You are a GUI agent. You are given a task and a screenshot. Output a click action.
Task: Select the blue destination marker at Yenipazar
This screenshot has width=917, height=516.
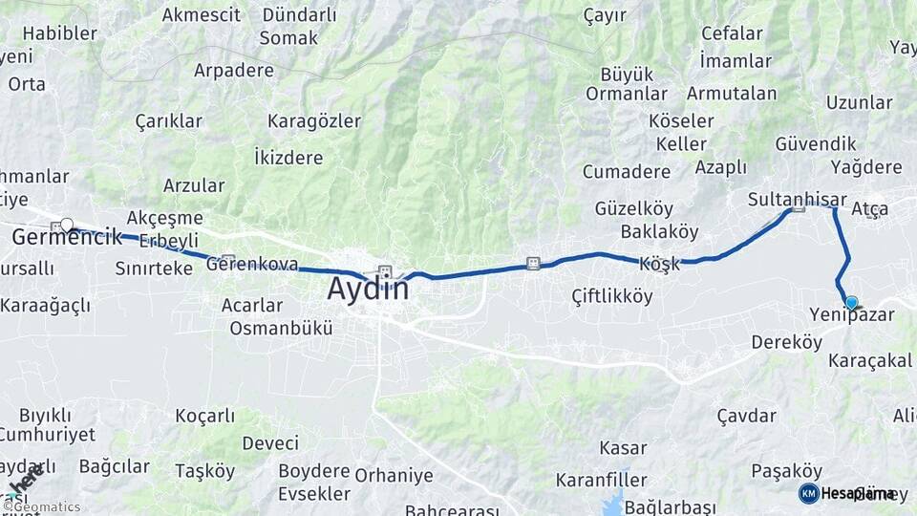(x=851, y=303)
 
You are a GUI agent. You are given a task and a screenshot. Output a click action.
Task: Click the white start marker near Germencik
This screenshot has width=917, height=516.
(x=66, y=225)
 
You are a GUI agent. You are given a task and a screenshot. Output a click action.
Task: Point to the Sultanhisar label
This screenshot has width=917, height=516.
(x=797, y=200)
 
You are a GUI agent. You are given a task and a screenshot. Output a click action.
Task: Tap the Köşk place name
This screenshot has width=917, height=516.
(x=659, y=264)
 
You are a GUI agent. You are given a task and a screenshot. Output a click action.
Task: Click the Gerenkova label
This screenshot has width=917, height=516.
(x=252, y=265)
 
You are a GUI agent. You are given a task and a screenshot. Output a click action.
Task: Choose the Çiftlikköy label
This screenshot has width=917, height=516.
(x=611, y=296)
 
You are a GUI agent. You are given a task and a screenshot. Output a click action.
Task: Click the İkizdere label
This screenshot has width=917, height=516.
(x=288, y=155)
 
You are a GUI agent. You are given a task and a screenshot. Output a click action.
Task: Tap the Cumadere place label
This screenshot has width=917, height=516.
(x=626, y=172)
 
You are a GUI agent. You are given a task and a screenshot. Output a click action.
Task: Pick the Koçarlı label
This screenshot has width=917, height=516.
(x=205, y=416)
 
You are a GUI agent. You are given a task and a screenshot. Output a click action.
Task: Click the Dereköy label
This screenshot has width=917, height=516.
(x=786, y=342)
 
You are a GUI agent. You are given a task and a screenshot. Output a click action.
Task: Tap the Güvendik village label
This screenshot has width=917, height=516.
(x=815, y=143)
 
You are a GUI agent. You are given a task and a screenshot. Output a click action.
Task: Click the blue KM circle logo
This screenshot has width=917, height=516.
(x=808, y=493)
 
